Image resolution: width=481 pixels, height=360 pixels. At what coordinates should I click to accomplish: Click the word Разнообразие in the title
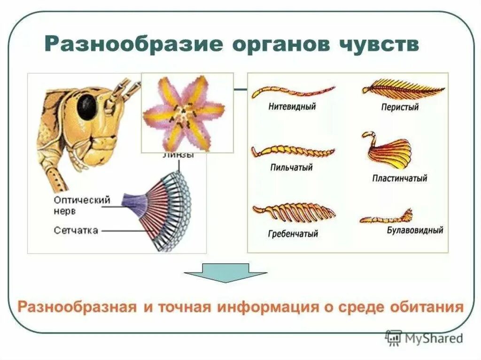click(x=133, y=46)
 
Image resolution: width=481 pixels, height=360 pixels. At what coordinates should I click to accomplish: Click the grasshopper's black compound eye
click(x=87, y=107)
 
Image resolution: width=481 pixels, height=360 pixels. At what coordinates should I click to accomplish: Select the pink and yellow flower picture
click(x=187, y=113)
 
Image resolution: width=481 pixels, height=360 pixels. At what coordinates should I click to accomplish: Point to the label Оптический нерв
click(x=82, y=205)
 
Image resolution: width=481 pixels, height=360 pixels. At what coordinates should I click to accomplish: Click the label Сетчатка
click(x=76, y=230)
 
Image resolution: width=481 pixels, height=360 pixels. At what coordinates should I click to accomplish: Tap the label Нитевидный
click(x=292, y=106)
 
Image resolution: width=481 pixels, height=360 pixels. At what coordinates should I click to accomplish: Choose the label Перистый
click(x=400, y=107)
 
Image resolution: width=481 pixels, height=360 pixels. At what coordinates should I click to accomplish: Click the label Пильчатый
click(x=291, y=167)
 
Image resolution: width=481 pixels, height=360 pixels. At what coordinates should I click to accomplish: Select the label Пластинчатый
click(x=399, y=178)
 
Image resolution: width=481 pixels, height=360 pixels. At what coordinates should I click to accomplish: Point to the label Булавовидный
click(x=415, y=230)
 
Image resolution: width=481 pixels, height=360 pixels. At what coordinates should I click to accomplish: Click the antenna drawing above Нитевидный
click(x=293, y=91)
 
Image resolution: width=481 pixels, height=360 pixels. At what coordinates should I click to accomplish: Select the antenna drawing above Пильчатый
click(x=293, y=151)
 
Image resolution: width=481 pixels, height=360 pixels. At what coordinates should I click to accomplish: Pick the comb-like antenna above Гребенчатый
click(x=294, y=212)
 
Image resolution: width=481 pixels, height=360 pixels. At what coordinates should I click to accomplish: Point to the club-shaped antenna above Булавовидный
click(x=387, y=218)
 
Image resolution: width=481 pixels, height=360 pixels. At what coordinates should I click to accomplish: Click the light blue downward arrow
click(x=225, y=272)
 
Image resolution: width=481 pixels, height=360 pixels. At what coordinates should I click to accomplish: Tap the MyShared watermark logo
click(x=424, y=338)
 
